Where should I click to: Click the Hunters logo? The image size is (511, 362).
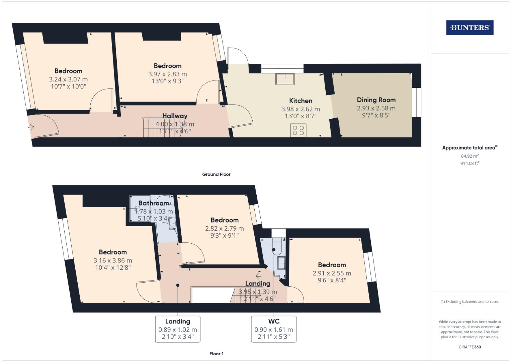470,28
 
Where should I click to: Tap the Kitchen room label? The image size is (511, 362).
301,101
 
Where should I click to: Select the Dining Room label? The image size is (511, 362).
376,100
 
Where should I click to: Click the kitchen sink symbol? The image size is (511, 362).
285,79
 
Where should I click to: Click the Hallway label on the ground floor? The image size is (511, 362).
175,116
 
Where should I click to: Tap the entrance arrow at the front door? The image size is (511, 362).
31,127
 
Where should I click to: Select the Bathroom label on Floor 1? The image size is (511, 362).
154,203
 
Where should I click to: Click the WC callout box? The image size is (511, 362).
274,329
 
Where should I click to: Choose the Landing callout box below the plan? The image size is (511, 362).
177,329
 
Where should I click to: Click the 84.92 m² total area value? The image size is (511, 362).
470,156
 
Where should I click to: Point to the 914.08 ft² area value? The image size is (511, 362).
470,163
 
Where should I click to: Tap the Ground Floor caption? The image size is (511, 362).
216,174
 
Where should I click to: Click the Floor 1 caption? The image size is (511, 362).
216,354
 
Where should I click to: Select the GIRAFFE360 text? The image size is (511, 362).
470,347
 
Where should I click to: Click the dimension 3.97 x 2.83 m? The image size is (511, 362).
167,74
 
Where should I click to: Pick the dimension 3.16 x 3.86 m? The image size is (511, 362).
112,260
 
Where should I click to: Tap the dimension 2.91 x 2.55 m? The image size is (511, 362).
332,273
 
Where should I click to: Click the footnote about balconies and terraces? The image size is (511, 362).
470,302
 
